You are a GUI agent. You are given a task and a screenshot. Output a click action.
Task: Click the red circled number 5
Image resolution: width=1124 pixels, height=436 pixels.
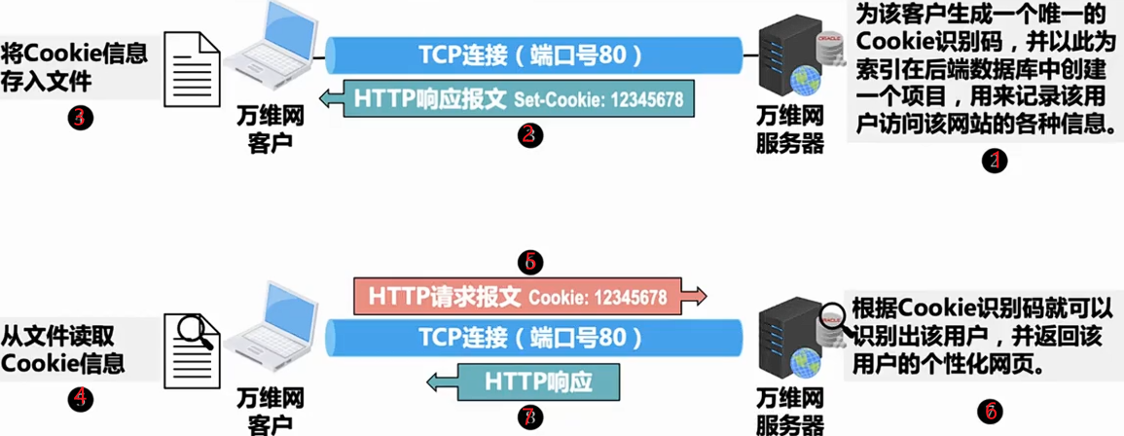pyautogui.click(x=530, y=263)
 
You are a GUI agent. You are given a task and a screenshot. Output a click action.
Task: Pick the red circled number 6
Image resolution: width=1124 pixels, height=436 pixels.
pyautogui.click(x=990, y=411)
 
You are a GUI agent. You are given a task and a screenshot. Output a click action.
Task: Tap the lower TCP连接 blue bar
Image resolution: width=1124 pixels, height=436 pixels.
pyautogui.click(x=530, y=338)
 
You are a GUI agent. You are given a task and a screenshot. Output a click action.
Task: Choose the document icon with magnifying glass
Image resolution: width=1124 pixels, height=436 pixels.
pyautogui.click(x=194, y=342)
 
